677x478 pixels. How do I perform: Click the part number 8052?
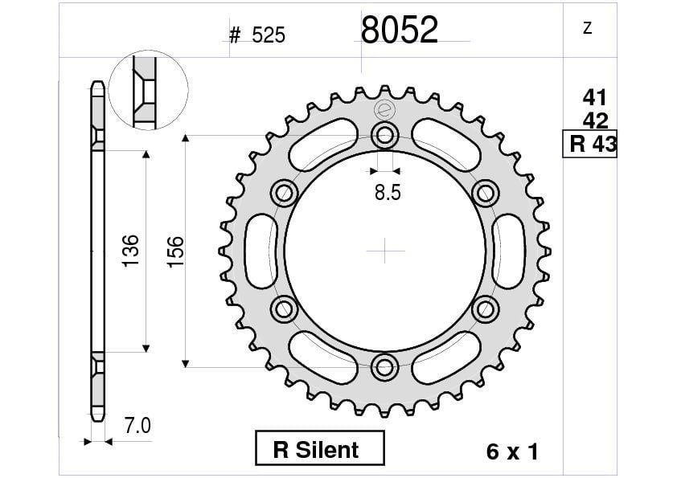pyautogui.click(x=400, y=31)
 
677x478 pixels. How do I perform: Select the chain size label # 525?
pyautogui.click(x=257, y=35)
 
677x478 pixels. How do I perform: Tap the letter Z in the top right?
pyautogui.click(x=587, y=28)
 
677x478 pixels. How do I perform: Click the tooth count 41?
pyautogui.click(x=594, y=98)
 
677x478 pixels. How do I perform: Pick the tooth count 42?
pyautogui.click(x=594, y=121)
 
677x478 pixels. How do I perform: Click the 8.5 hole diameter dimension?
pyautogui.click(x=386, y=193)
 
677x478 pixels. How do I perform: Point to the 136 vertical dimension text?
pyautogui.click(x=131, y=251)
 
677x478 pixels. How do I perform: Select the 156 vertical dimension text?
pyautogui.click(x=174, y=251)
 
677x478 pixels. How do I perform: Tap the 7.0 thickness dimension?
pyautogui.click(x=138, y=425)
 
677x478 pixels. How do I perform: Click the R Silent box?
pyautogui.click(x=320, y=448)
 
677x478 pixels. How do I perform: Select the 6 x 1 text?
pyautogui.click(x=511, y=451)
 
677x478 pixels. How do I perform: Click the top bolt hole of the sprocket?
pyautogui.click(x=386, y=134)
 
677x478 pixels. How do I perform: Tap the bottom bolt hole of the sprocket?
pyautogui.click(x=386, y=368)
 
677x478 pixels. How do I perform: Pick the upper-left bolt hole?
pyautogui.click(x=285, y=192)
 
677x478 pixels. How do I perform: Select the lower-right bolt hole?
pyautogui.click(x=486, y=309)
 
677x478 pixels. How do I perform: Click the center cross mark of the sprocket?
pyautogui.click(x=386, y=251)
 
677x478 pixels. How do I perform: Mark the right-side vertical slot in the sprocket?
pyautogui.click(x=511, y=251)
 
